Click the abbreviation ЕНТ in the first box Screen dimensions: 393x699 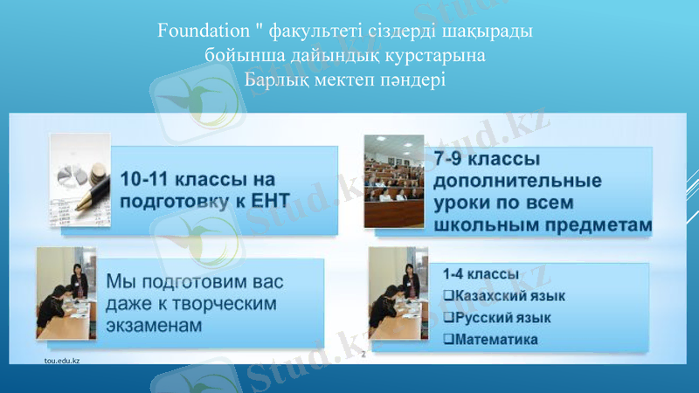coord(267,200)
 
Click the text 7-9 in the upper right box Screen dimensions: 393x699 coord(453,161)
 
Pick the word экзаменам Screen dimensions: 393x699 coord(157,325)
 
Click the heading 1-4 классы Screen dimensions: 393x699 coord(481,275)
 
